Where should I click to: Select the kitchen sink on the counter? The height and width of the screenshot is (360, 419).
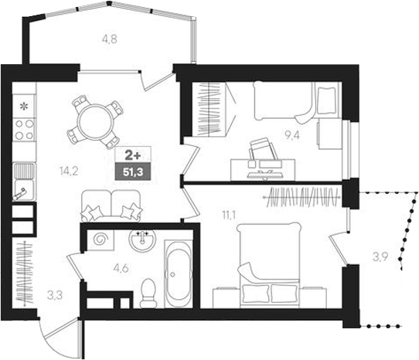pos(23,186)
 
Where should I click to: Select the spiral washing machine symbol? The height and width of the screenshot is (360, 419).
pos(99,242)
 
